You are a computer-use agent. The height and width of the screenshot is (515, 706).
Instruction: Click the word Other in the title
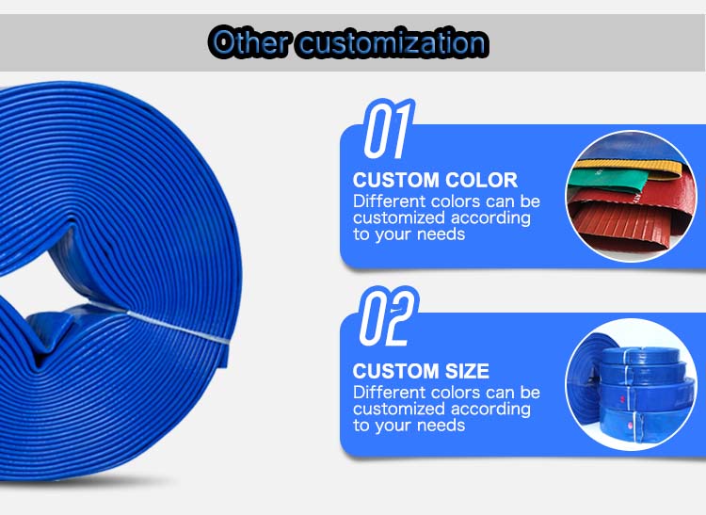tap(249, 42)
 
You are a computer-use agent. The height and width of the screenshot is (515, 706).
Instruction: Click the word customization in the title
tap(392, 42)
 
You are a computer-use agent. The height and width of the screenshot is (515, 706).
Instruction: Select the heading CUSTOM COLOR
tap(435, 180)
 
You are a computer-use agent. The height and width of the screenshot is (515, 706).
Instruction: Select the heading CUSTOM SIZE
tap(421, 371)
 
